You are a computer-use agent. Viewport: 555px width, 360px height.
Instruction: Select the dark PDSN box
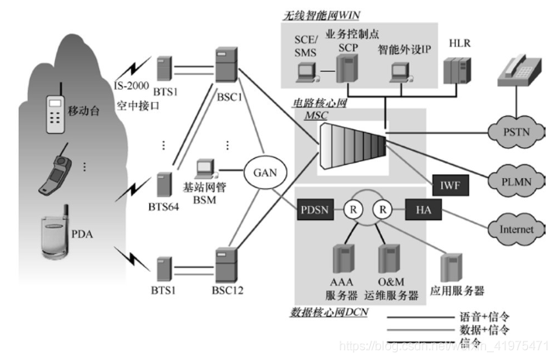coord(314,210)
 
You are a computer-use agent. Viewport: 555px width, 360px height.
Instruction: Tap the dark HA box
coord(425,210)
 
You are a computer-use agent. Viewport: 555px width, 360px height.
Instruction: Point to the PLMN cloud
coord(512,180)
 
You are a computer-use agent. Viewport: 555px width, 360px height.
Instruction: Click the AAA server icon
coord(341,262)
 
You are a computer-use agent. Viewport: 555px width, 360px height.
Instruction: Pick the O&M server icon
coord(389,262)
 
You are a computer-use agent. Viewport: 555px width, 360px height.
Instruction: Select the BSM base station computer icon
coord(206,171)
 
